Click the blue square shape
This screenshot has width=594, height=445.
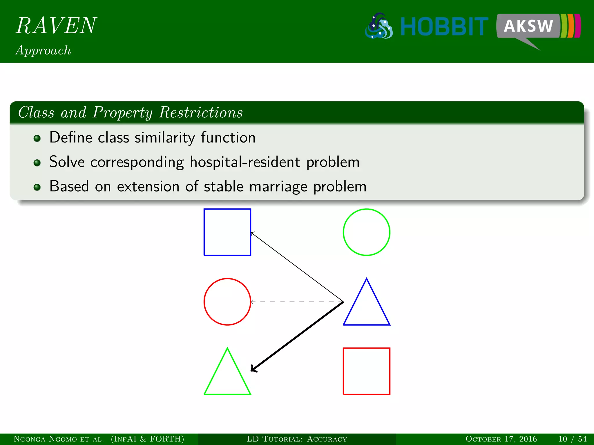(x=227, y=232)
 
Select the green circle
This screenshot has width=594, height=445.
(x=366, y=232)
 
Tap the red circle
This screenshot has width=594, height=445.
(x=227, y=302)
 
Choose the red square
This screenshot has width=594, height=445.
(x=366, y=371)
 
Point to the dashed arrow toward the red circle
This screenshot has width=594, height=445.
(x=296, y=302)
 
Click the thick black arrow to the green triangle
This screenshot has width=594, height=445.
(x=296, y=337)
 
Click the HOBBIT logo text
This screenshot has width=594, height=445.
(x=444, y=27)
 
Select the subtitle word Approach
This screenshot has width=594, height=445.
(x=43, y=50)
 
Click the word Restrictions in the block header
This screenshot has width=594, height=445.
(x=201, y=112)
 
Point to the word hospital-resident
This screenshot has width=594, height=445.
(x=245, y=162)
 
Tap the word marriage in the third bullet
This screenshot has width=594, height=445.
(x=278, y=186)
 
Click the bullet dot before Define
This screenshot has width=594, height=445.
(x=37, y=138)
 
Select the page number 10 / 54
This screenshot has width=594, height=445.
(x=572, y=439)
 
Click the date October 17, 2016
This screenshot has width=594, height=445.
(x=501, y=439)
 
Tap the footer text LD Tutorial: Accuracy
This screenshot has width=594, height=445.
(x=297, y=439)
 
